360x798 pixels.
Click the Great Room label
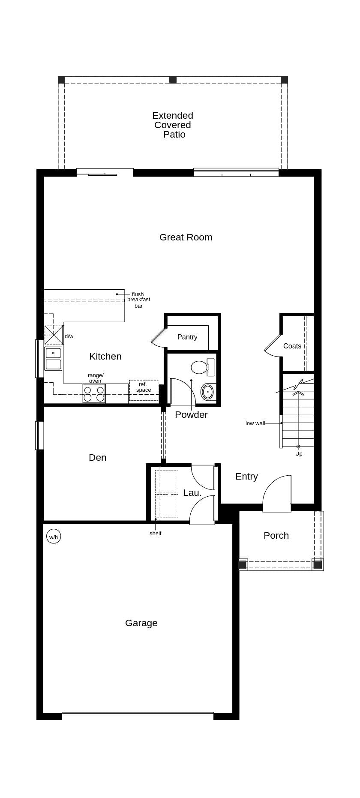click(186, 237)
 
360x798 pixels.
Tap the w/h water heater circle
click(54, 537)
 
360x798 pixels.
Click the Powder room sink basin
click(208, 392)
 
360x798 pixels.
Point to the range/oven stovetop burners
click(94, 393)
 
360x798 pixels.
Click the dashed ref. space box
click(144, 390)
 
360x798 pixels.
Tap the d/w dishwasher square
click(54, 335)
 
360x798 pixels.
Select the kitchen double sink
click(53, 359)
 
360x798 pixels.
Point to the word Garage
click(141, 623)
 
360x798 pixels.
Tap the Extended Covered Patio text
click(173, 125)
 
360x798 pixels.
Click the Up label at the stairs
click(299, 453)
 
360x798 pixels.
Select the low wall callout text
click(255, 423)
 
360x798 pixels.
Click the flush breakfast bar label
click(138, 300)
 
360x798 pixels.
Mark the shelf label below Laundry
click(155, 533)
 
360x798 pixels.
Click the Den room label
click(97, 457)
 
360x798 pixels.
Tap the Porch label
click(276, 535)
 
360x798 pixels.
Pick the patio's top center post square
click(173, 80)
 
